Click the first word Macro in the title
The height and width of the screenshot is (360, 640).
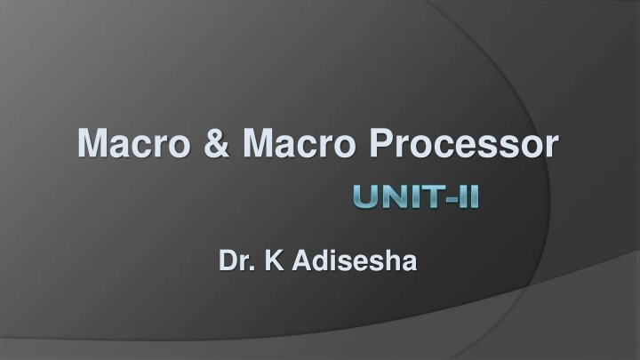point(134,143)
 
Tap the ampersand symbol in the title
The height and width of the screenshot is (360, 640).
point(217,143)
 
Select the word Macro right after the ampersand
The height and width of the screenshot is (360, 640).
point(300,143)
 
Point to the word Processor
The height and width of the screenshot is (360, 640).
point(464,143)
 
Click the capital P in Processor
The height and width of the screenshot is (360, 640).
point(381,142)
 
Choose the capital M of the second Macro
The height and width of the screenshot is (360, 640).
point(259,142)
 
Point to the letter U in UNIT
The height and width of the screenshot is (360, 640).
point(365,196)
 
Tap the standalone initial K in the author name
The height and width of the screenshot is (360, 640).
point(275,260)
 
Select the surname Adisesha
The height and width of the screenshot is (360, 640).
point(355,260)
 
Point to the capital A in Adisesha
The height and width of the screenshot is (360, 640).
point(302,260)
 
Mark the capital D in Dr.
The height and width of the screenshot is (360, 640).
point(228,260)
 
